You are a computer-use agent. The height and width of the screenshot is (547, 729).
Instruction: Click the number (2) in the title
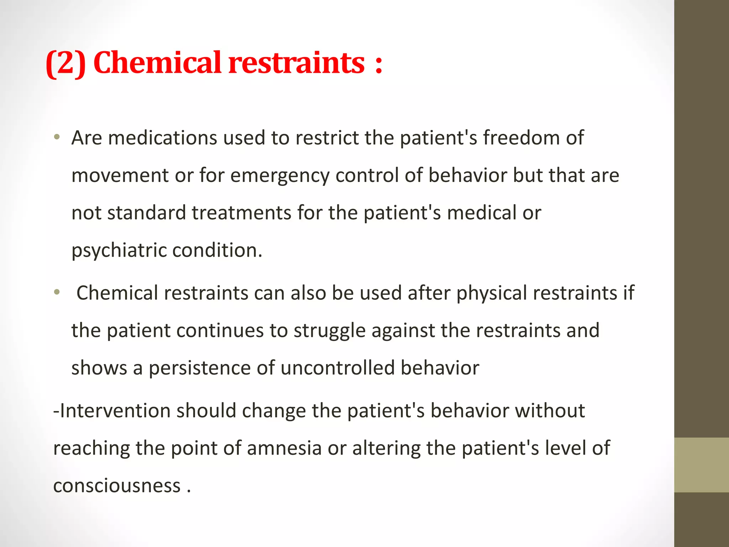(66, 63)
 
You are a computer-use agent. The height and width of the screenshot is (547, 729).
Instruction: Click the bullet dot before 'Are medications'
(57, 137)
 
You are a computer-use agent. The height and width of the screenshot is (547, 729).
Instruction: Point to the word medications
(162, 138)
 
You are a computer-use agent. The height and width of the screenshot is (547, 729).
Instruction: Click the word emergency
(280, 176)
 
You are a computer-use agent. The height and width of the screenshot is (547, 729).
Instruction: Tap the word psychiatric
(119, 251)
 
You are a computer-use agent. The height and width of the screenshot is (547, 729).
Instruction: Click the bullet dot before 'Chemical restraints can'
(57, 292)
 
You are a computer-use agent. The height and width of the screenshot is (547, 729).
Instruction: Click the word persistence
(200, 368)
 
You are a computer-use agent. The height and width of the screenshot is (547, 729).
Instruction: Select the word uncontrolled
(337, 368)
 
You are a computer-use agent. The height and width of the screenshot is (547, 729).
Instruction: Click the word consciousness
(117, 486)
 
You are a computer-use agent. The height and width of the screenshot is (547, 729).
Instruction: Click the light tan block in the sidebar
(701, 465)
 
